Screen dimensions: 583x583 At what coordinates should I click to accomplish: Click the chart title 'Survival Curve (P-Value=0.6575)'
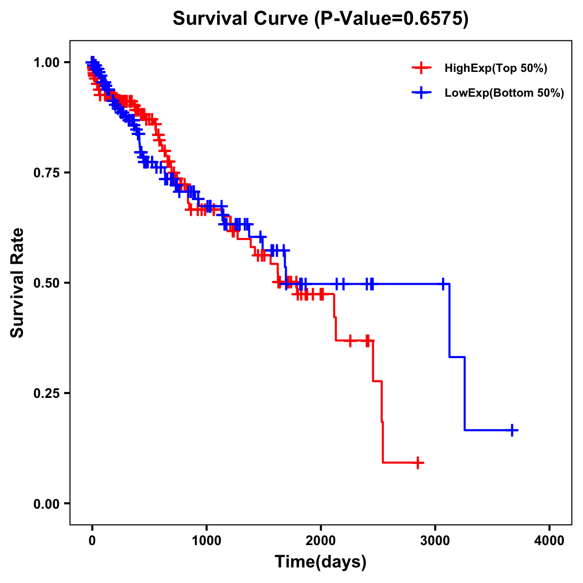pyautogui.click(x=321, y=19)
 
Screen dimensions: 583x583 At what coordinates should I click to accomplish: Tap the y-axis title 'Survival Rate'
pyautogui.click(x=17, y=282)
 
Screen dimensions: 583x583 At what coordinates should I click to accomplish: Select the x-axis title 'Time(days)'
pyautogui.click(x=321, y=562)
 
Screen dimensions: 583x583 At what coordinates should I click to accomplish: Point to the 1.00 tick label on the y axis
pyautogui.click(x=46, y=62)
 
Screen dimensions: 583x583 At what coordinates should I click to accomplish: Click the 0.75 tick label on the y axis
pyautogui.click(x=46, y=172)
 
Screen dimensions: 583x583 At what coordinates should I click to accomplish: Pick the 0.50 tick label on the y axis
pyautogui.click(x=46, y=283)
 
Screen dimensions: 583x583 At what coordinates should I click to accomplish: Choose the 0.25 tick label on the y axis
pyautogui.click(x=46, y=393)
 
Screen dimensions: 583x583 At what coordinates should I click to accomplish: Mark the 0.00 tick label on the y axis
pyautogui.click(x=46, y=503)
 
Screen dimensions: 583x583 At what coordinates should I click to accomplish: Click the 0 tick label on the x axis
pyautogui.click(x=92, y=540)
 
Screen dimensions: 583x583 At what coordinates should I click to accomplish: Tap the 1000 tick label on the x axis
pyautogui.click(x=206, y=540)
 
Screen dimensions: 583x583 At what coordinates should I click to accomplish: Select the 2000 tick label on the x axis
pyautogui.click(x=321, y=540)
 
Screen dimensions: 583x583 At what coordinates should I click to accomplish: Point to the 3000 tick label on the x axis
pyautogui.click(x=435, y=540)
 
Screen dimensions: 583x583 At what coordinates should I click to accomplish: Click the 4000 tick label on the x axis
pyautogui.click(x=549, y=540)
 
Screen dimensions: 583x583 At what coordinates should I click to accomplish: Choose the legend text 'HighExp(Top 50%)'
pyautogui.click(x=496, y=69)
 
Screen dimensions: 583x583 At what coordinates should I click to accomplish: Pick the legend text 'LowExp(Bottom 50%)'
pyautogui.click(x=504, y=93)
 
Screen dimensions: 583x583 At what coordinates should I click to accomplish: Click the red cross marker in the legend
pyautogui.click(x=422, y=69)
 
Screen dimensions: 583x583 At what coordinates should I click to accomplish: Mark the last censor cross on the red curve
pyautogui.click(x=417, y=463)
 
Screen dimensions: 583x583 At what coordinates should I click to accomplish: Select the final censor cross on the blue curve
pyautogui.click(x=512, y=430)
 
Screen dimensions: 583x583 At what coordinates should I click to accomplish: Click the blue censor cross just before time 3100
pyautogui.click(x=443, y=284)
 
